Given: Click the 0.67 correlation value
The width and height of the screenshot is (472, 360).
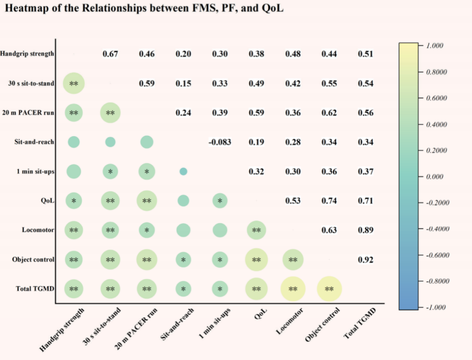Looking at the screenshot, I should [110, 54].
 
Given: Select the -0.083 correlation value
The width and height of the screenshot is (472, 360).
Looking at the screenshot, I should [220, 142].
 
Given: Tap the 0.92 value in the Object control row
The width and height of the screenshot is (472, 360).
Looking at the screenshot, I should [365, 260].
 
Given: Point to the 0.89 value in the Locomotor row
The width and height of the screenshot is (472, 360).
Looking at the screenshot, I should [365, 230].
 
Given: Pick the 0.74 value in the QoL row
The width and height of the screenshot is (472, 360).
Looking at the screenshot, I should [329, 201].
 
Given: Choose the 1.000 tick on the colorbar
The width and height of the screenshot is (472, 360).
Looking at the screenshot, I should [434, 46].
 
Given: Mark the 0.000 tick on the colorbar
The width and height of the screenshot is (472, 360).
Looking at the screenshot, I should [434, 177].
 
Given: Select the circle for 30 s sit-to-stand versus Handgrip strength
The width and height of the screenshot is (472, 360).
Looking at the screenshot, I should [74, 84].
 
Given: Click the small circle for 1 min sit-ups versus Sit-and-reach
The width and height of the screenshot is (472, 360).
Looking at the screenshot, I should [183, 171].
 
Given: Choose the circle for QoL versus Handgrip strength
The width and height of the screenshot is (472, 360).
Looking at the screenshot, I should [74, 201].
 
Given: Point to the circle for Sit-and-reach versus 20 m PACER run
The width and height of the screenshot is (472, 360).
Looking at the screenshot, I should [147, 142].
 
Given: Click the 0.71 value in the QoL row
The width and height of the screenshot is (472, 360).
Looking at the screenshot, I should [365, 201].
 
